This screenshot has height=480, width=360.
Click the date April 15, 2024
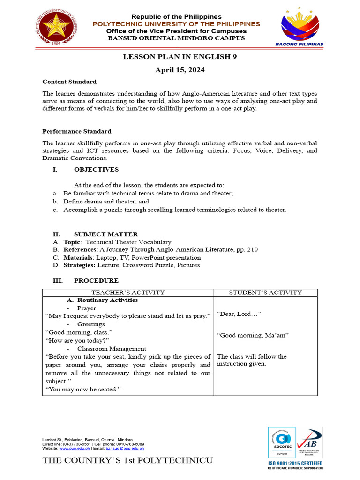point(180,70)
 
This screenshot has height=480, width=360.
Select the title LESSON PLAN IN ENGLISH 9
point(180,57)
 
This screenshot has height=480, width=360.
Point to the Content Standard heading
point(69,82)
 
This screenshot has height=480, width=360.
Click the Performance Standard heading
point(77,131)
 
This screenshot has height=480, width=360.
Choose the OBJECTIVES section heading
point(96,170)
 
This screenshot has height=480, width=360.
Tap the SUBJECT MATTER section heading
point(106,234)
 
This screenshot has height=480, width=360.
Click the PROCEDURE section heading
point(96,281)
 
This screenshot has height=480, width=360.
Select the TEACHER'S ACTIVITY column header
point(128,292)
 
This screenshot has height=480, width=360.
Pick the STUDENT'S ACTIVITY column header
point(265,292)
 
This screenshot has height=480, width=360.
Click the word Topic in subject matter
point(72,242)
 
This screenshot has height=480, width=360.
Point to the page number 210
point(252,250)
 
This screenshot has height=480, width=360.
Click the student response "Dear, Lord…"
point(239,314)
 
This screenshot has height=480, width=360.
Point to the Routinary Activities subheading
point(107,300)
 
